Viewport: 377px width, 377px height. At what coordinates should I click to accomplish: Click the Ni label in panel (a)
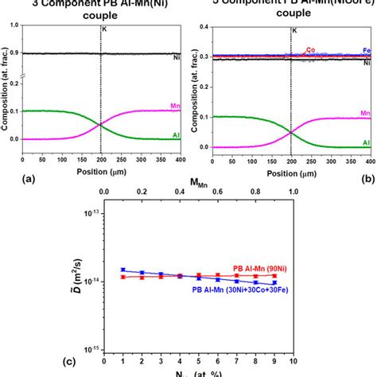(x=176, y=58)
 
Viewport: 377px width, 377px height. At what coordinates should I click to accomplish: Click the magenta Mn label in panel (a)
(x=174, y=105)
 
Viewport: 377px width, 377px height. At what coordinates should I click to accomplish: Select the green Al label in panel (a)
(x=175, y=135)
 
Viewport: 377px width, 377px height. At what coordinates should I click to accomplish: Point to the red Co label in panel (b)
(x=310, y=49)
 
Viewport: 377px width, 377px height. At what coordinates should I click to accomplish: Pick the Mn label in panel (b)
(x=364, y=114)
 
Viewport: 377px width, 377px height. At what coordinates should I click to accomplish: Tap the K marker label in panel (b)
(x=295, y=30)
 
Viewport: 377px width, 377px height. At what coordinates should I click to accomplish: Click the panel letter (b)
(x=368, y=180)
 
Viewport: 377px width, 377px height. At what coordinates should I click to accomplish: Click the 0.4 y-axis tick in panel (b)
(x=208, y=26)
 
